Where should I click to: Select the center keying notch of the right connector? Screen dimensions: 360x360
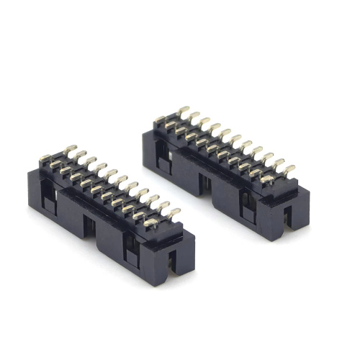point(207,189)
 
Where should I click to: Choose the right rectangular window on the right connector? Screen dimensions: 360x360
point(247,204)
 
